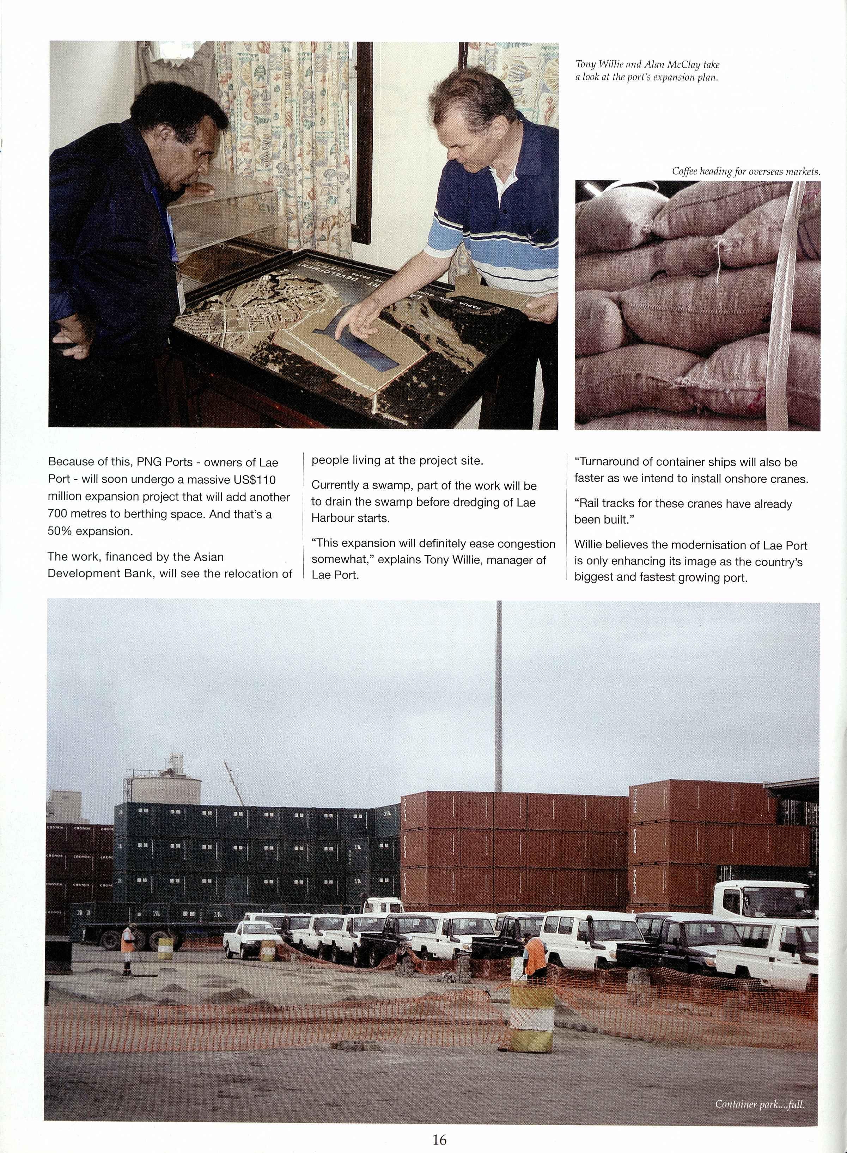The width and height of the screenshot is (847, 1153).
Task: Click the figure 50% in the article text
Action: click(60, 532)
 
